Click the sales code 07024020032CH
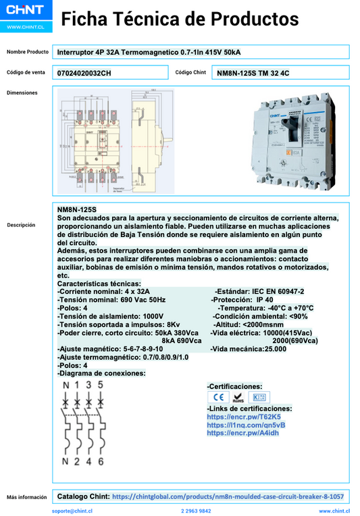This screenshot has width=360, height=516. pyautogui.click(x=84, y=72)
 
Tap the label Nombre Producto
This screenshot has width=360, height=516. pyautogui.click(x=28, y=52)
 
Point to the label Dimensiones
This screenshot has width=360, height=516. pyautogui.click(x=22, y=93)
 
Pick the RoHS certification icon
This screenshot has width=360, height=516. pyautogui.click(x=238, y=398)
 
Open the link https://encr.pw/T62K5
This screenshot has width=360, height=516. pyautogui.click(x=234, y=417)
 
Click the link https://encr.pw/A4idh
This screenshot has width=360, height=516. pyautogui.click(x=233, y=433)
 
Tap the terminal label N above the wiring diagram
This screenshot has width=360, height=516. pyautogui.click(x=66, y=384)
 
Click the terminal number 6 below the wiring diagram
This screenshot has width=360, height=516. pyautogui.click(x=101, y=462)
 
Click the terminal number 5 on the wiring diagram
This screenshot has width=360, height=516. pyautogui.click(x=100, y=384)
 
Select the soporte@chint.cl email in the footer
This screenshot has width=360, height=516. pyautogui.click(x=72, y=511)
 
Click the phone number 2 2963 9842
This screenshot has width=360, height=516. pyautogui.click(x=196, y=511)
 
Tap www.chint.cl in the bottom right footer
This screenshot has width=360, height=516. pyautogui.click(x=334, y=511)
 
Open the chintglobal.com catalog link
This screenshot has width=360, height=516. pyautogui.click(x=228, y=496)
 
